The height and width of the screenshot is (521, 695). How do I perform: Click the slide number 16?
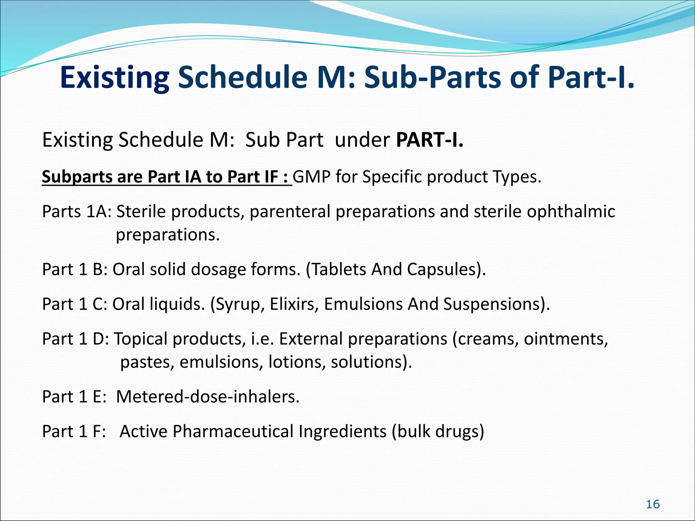tap(653, 504)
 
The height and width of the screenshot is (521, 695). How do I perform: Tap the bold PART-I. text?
tap(429, 140)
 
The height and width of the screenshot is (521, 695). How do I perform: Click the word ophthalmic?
tap(571, 211)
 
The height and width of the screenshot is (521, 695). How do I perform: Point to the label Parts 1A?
tap(77, 212)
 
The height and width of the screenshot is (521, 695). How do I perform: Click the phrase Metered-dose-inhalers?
tap(208, 397)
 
